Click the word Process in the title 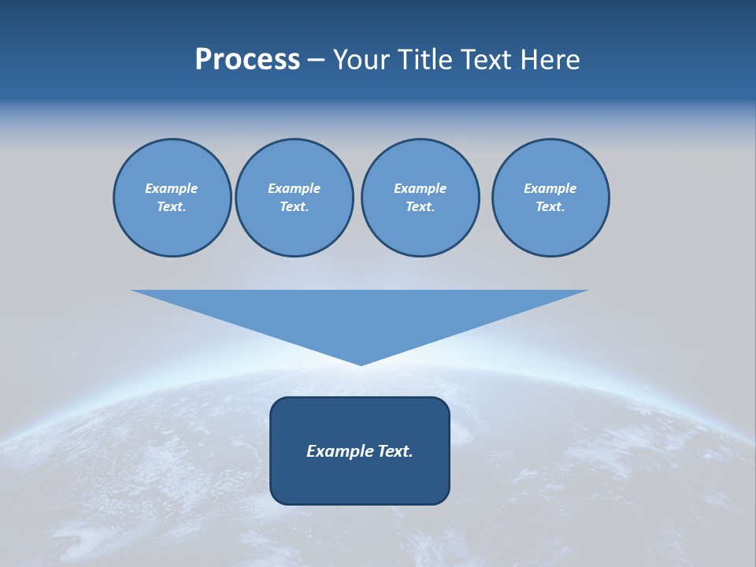247,60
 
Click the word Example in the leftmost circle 172,188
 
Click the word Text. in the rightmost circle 550,206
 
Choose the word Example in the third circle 420,188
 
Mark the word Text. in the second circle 294,206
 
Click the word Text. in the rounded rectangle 395,451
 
